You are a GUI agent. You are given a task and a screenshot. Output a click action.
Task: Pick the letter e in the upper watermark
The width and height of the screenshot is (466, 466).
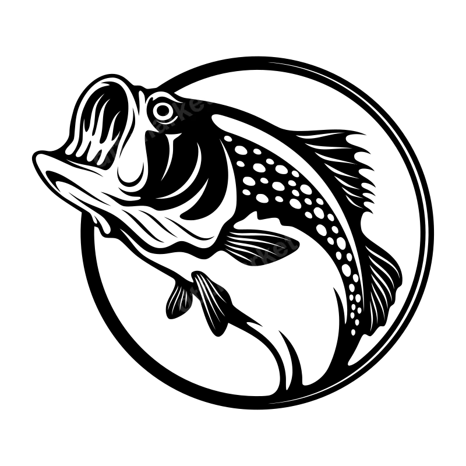click(200, 104)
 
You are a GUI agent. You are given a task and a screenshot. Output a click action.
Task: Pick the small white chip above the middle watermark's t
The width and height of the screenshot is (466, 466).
click(287, 231)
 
